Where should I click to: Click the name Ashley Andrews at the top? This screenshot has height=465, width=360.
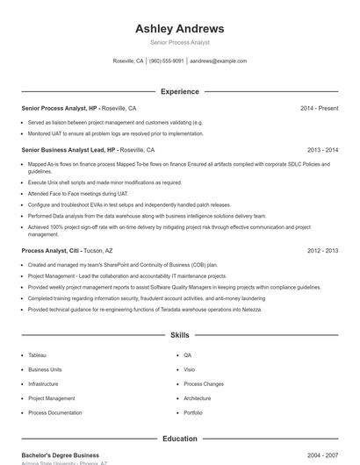179,28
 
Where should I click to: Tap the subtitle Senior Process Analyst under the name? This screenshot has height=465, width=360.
179,42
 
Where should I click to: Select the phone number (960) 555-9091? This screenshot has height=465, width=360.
166,61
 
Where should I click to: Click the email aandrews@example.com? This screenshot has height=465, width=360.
219,61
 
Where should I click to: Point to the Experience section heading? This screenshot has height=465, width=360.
179,91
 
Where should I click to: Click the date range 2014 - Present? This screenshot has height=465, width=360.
319,109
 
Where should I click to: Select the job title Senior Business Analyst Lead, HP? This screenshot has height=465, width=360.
68,150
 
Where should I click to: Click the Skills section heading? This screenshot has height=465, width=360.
179,335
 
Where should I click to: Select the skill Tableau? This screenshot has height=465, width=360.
37,355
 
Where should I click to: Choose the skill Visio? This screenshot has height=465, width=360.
189,369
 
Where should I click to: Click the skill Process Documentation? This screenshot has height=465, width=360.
54,412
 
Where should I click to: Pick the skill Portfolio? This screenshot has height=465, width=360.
193,412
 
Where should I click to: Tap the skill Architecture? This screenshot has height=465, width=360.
197,398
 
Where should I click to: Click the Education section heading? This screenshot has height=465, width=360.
179,439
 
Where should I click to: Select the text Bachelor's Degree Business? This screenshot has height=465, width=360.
60,455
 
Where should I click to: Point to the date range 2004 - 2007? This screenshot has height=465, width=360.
322,455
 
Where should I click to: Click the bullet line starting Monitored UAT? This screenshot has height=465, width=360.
115,133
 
